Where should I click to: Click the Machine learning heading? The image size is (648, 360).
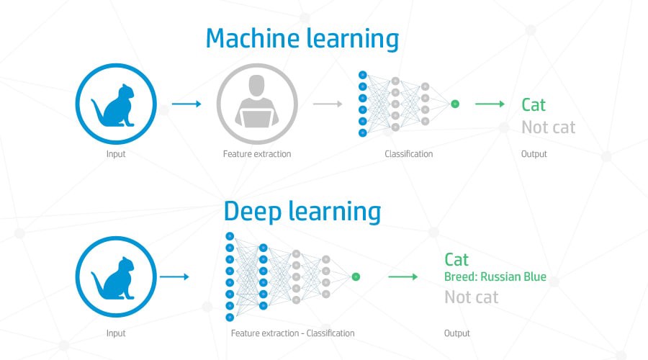tap(302, 38)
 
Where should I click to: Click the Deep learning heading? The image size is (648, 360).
tap(302, 212)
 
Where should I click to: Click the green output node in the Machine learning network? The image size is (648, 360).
tap(455, 104)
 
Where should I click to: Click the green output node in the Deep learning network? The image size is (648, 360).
tap(356, 276)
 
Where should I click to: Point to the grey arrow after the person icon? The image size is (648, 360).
tap(327, 104)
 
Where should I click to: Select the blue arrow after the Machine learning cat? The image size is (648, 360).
tap(186, 104)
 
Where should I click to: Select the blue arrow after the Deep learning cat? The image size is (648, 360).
tap(174, 276)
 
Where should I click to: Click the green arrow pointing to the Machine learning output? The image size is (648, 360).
tap(490, 104)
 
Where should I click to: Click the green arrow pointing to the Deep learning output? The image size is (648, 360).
tap(402, 276)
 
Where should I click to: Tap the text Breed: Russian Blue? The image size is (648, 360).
tap(495, 277)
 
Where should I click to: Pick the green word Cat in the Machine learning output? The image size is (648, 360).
tap(534, 105)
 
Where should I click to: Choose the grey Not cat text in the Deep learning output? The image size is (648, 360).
tap(472, 297)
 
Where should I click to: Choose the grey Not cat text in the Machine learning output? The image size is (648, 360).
tap(548, 128)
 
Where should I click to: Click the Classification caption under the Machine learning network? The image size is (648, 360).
tap(408, 154)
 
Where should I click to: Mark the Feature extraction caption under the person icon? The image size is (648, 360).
tap(257, 154)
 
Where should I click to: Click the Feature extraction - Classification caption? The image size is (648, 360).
tap(292, 333)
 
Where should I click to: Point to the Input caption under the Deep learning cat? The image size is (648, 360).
tap(115, 333)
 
